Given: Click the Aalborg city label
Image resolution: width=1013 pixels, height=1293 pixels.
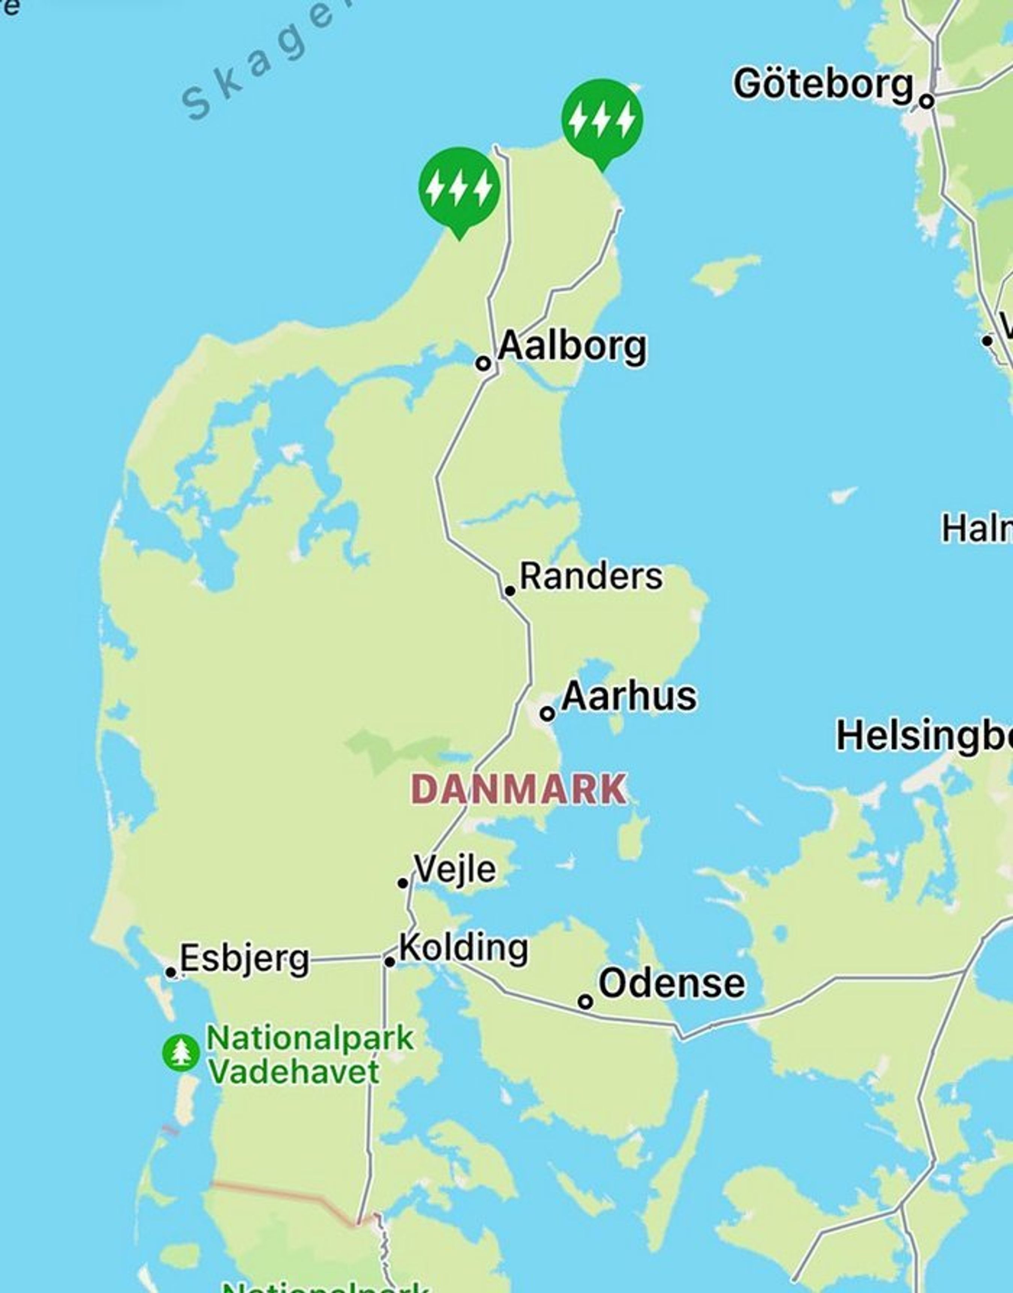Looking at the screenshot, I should pyautogui.click(x=572, y=347).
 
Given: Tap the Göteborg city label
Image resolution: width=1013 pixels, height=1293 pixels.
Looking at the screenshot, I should pyautogui.click(x=823, y=84).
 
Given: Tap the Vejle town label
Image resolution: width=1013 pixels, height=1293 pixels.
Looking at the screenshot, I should pyautogui.click(x=455, y=869).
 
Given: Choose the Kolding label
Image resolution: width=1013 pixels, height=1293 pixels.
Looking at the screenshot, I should pyautogui.click(x=464, y=947).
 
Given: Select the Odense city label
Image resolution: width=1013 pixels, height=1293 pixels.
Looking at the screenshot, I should pyautogui.click(x=672, y=984).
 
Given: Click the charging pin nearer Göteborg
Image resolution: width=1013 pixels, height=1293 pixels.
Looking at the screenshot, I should pyautogui.click(x=602, y=120).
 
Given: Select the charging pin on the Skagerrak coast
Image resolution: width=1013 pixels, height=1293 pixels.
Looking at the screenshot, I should pyautogui.click(x=459, y=189).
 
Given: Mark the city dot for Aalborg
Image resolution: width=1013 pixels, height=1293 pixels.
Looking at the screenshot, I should pyautogui.click(x=483, y=363).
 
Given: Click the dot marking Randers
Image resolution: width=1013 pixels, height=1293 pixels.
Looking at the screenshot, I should pyautogui.click(x=510, y=591).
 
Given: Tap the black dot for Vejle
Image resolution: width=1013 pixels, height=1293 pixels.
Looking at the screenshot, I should pyautogui.click(x=403, y=883).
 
